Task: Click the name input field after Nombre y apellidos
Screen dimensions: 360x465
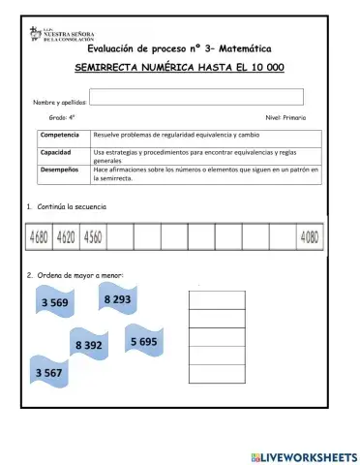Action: (x=196, y=96)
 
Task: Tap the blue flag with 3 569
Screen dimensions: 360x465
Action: (x=55, y=303)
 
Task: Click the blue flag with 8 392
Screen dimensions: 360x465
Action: (x=88, y=344)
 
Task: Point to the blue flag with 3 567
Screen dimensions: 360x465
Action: (x=50, y=373)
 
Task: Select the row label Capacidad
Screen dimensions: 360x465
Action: (x=56, y=152)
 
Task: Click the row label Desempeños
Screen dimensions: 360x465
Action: (x=60, y=169)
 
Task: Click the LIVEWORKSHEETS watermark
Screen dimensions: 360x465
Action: (x=303, y=455)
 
